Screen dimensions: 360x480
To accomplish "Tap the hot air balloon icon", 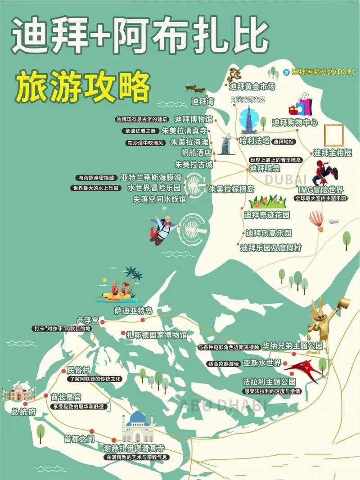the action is pos(316,220).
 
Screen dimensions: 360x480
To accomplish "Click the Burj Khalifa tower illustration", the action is pos(247,119).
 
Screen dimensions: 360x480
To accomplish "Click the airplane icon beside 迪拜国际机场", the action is pos(286,72).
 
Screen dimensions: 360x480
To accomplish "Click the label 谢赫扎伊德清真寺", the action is pos(134,449).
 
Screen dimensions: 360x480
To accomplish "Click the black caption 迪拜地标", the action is pos(283,142).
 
